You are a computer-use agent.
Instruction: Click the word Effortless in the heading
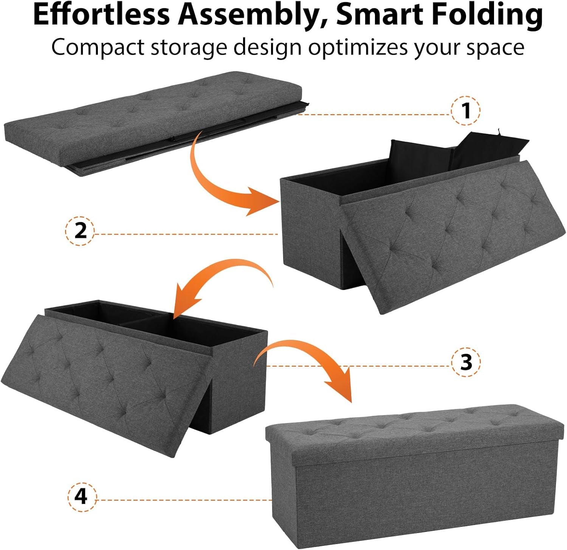point(101,15)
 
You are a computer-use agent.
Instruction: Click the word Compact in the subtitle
point(98,48)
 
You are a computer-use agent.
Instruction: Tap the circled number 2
point(81,231)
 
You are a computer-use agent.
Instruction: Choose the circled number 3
point(466,362)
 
